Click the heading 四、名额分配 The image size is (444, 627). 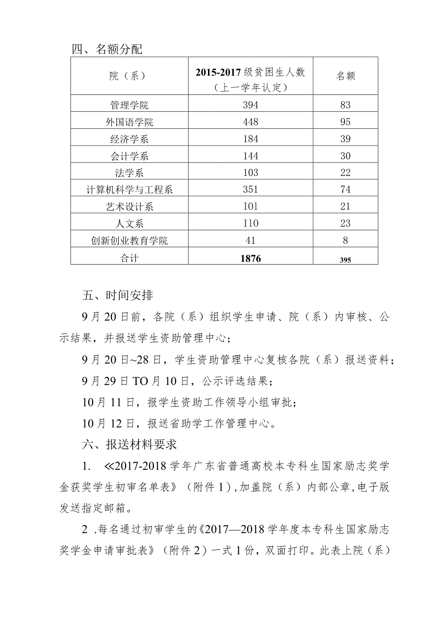click(107, 49)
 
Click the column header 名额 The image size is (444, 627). click(345, 76)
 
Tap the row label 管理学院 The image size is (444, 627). click(129, 105)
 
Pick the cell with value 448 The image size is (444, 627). click(250, 122)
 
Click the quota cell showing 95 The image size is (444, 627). click(345, 122)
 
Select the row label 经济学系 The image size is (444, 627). click(129, 139)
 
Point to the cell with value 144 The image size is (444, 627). click(250, 156)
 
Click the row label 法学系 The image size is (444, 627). click(129, 173)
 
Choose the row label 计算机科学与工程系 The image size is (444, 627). click(129, 190)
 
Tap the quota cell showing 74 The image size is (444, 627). click(345, 190)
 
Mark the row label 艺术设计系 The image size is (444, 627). click(129, 207)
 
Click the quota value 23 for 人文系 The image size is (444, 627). click(345, 224)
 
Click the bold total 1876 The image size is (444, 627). click(250, 258)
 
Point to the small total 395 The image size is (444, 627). click(345, 259)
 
